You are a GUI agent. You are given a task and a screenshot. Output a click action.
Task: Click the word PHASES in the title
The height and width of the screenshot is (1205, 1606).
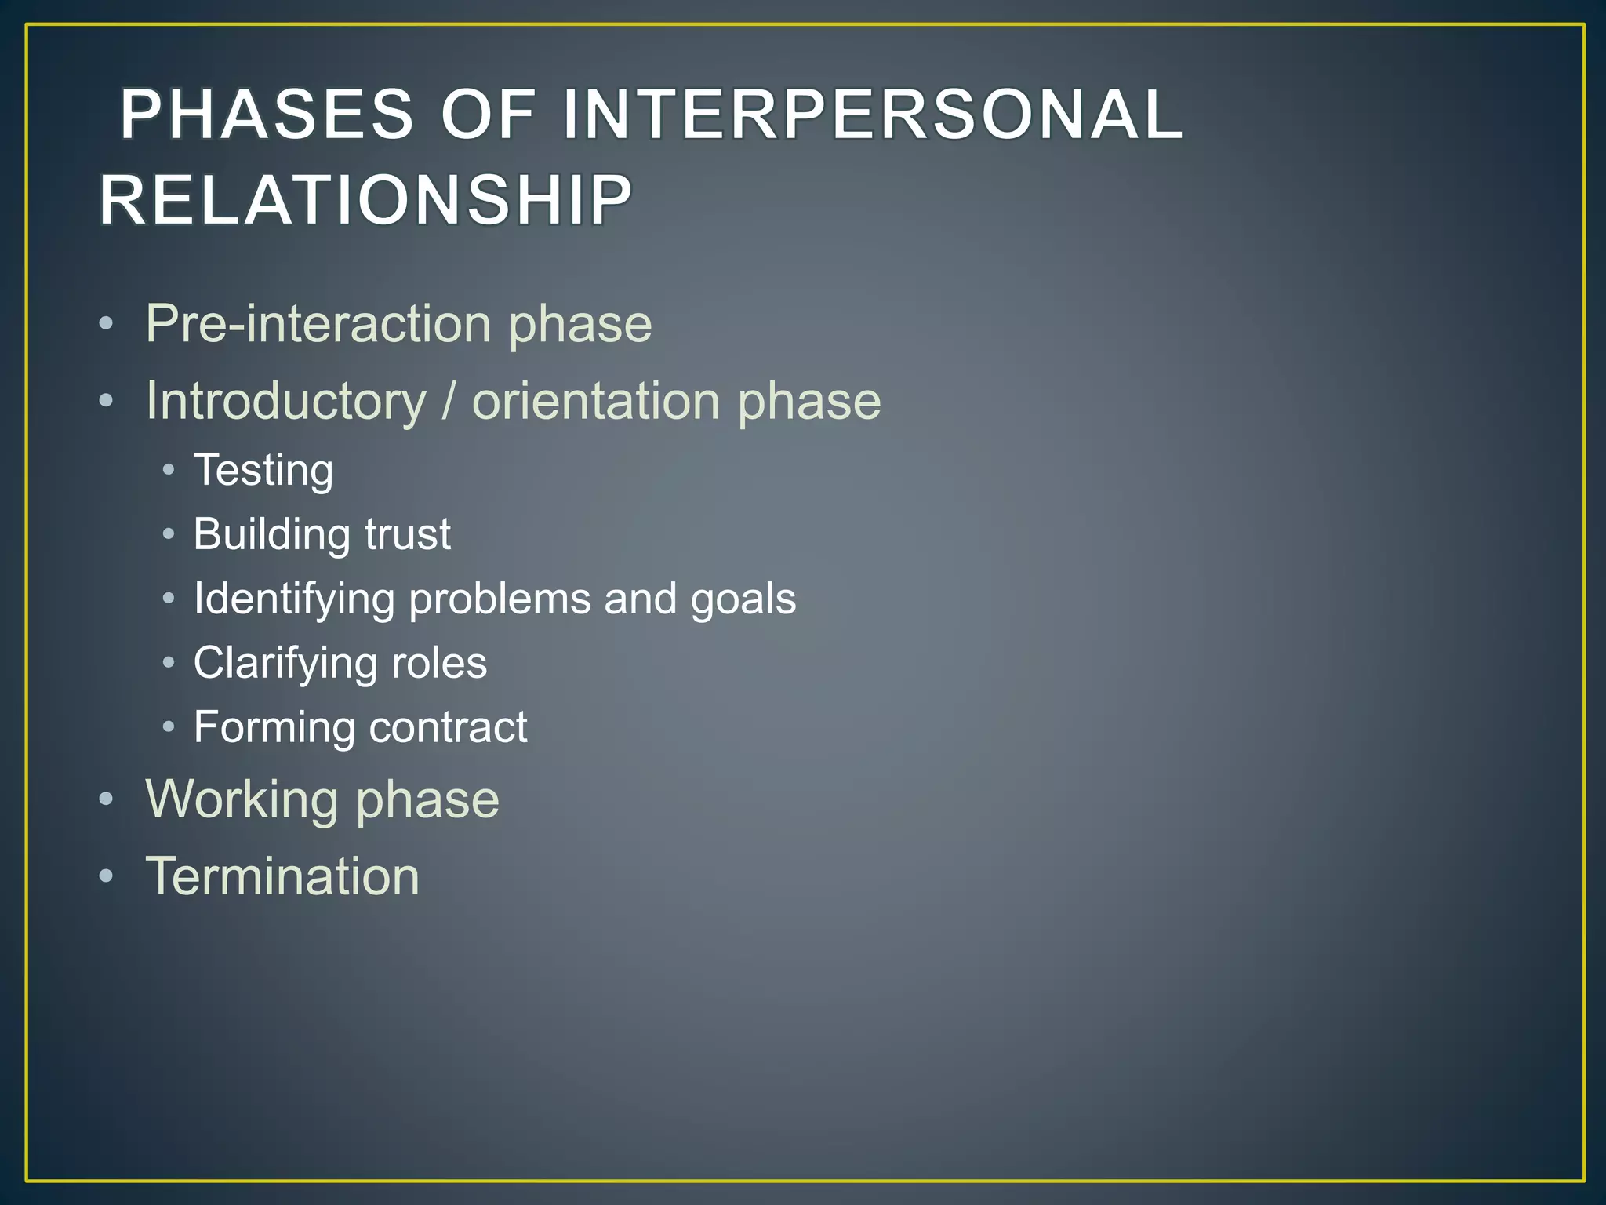267,115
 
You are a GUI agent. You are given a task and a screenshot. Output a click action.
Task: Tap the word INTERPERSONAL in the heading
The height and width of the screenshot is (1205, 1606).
872,115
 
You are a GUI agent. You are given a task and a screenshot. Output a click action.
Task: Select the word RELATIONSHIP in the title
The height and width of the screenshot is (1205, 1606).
365,200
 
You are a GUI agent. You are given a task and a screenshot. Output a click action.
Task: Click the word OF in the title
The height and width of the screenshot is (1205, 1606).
488,115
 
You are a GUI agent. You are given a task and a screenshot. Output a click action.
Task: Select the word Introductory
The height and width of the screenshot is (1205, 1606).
286,402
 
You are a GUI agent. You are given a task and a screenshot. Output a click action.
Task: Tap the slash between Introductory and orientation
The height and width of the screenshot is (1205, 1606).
449,402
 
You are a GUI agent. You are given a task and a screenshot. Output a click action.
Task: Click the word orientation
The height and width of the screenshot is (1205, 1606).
596,402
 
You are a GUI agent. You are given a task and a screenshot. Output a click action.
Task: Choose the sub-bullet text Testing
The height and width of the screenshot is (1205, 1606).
263,471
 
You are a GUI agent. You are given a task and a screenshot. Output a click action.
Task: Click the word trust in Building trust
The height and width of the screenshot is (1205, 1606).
408,534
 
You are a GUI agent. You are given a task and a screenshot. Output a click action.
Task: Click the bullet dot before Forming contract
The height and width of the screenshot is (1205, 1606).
169,727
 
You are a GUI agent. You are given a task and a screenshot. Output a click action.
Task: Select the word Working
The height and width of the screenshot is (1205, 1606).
243,800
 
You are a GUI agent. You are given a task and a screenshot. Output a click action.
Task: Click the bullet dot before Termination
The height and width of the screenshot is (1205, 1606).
107,876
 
